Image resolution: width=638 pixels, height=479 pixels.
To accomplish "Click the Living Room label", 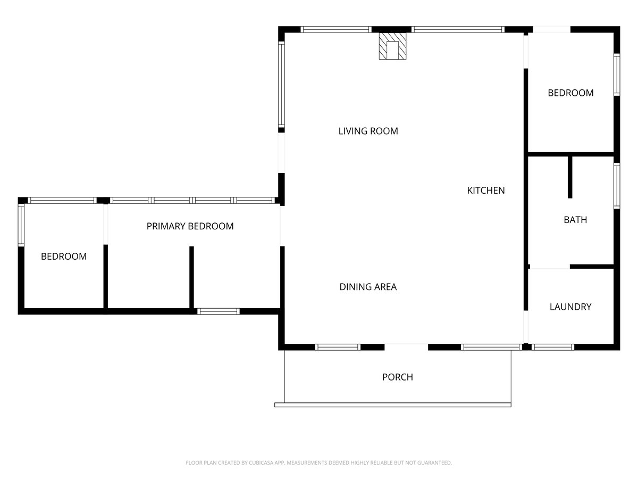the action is pos(368,131).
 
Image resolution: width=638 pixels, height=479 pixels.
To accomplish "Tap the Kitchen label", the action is pos(486,191).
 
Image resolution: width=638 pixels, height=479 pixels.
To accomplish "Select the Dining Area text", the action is pos(368,287).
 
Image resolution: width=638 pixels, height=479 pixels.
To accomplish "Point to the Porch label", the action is pos(397,377).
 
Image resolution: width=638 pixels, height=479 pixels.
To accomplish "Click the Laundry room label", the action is pos(570,307).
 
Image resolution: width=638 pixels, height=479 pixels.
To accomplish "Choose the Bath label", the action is pos(575,220).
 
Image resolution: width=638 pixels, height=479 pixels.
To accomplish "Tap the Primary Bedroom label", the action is pos(190,226).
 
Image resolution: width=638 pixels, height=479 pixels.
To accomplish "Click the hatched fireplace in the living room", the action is pos(392,46).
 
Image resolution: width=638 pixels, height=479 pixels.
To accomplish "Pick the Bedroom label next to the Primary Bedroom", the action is pos(64,257).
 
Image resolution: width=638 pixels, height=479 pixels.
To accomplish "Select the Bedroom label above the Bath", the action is pos(570,93).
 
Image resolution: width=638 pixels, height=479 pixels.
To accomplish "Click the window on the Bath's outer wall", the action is pos(617,186).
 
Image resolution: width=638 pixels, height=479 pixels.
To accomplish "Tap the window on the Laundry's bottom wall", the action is pos(553,347).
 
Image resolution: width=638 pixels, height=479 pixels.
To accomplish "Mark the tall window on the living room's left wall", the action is pos(281,84).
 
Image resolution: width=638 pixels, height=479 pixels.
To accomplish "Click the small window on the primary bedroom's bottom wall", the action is pos(219,311).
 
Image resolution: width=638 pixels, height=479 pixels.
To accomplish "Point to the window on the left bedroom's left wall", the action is pos(21,225).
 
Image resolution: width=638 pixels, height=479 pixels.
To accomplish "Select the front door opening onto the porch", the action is pos(406,347).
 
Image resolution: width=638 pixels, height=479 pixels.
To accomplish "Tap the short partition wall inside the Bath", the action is pos(570,177).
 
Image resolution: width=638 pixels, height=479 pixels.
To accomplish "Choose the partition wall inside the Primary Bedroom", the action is pos(191,277).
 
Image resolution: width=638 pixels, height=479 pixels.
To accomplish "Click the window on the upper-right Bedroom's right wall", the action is pos(617,75).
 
